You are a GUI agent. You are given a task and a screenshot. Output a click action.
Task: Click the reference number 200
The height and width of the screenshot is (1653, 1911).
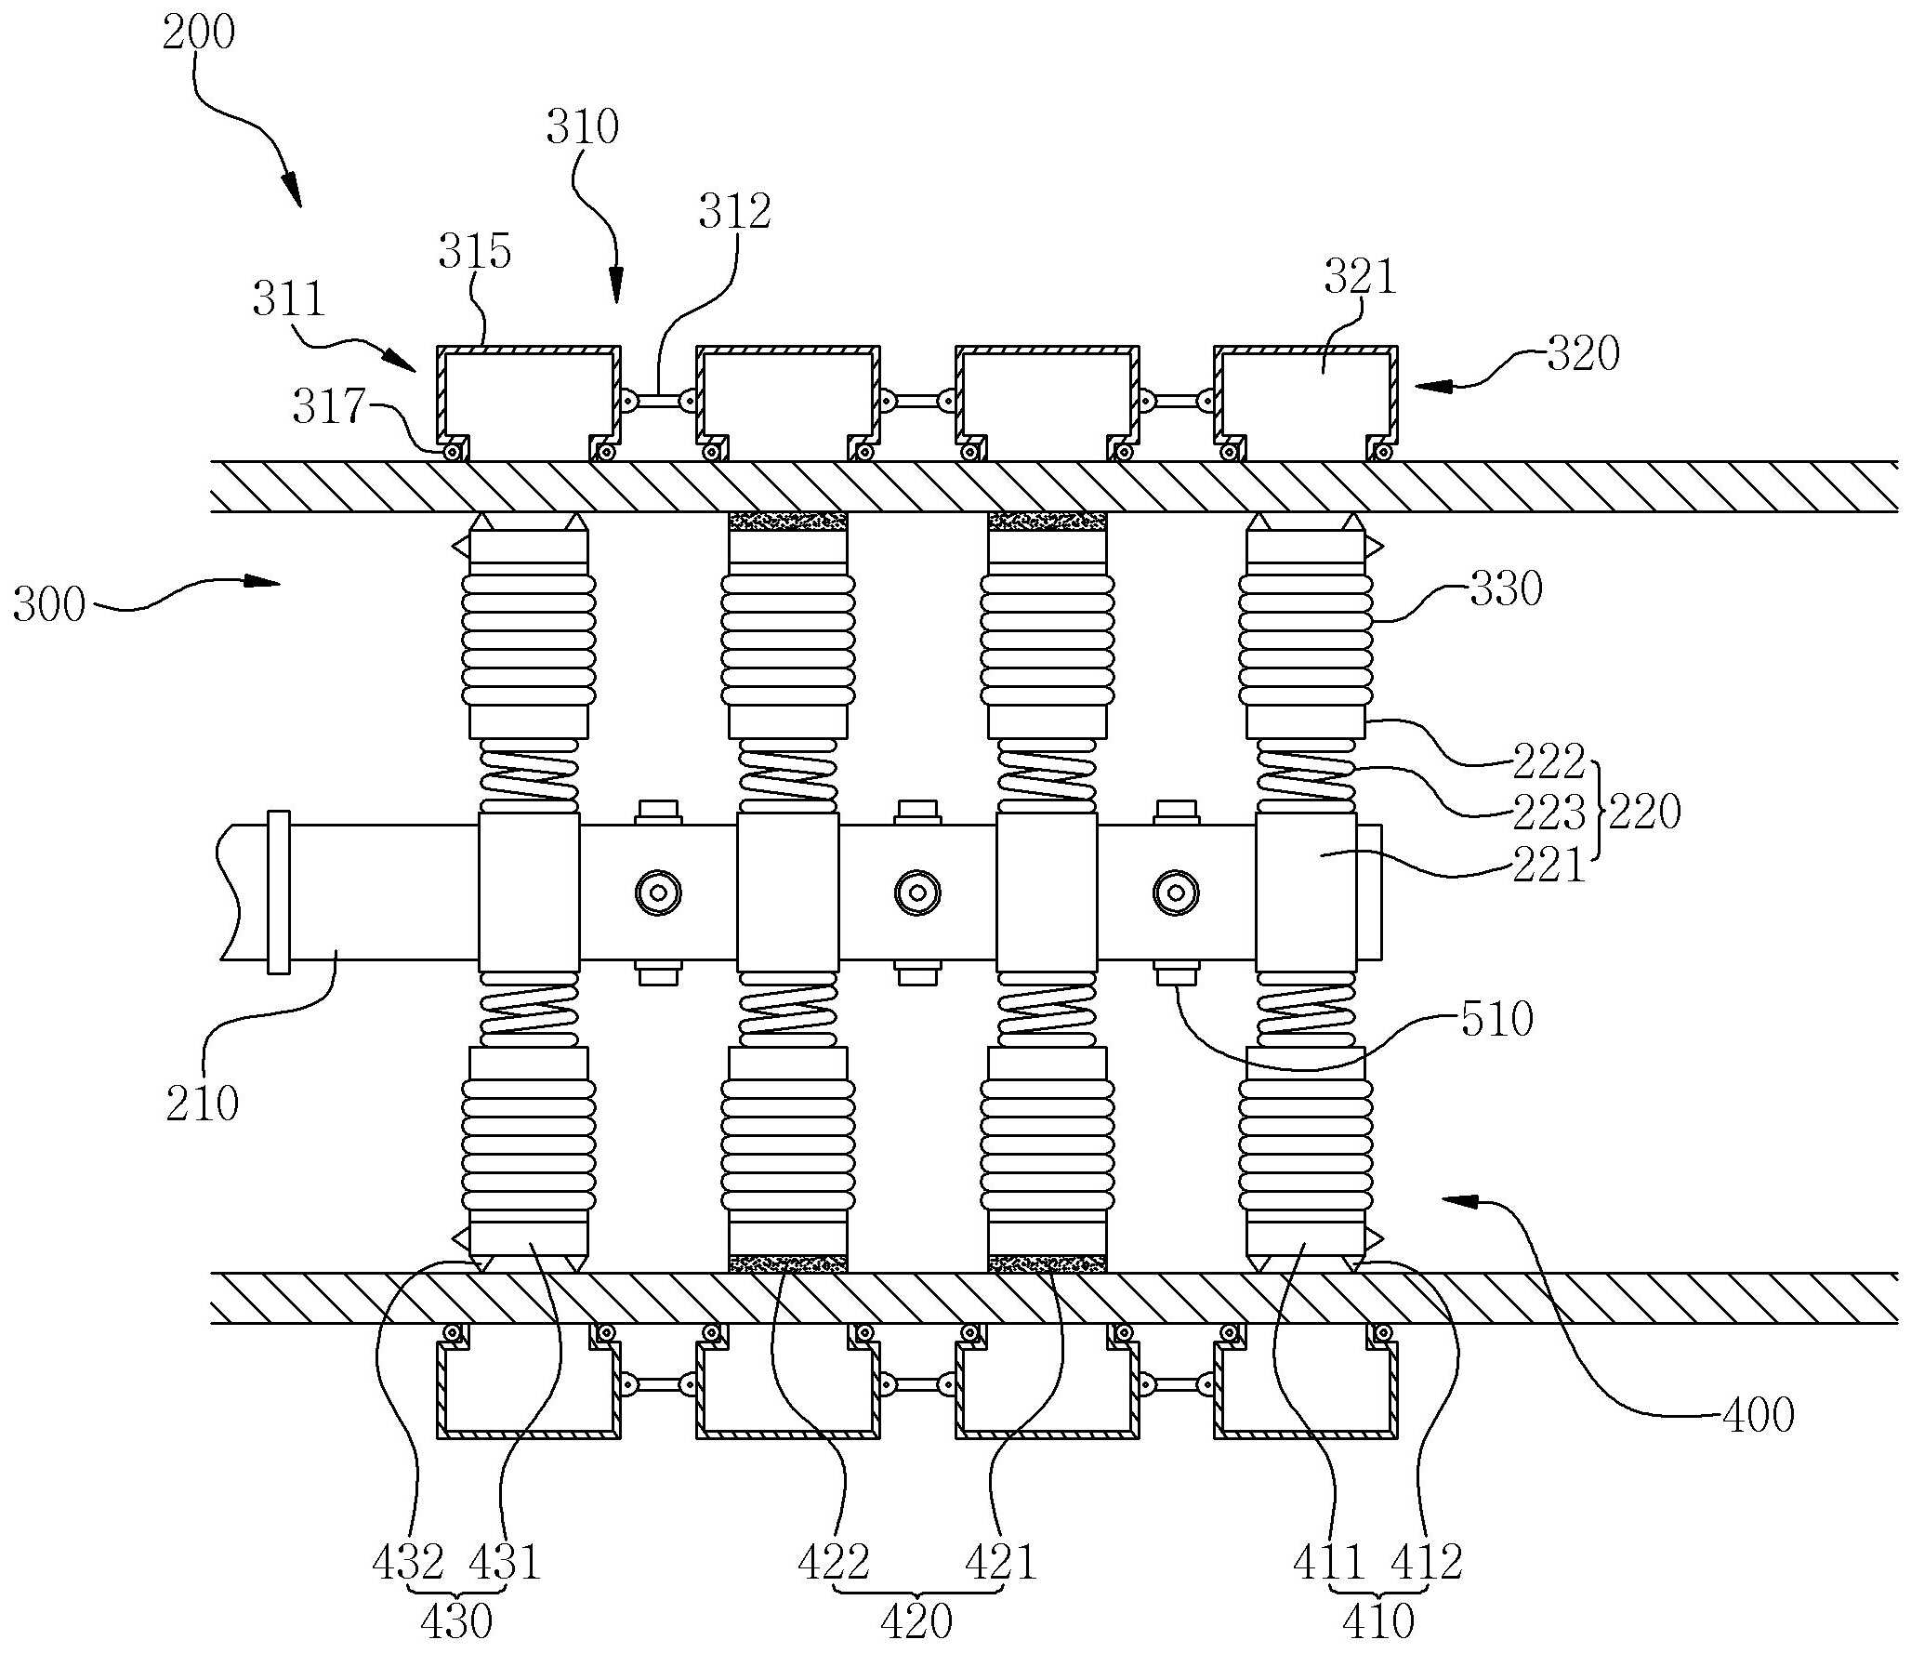[198, 33]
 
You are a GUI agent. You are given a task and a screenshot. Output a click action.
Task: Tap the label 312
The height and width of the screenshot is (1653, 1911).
[735, 213]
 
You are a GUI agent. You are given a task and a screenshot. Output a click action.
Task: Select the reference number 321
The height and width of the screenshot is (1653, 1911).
[1360, 277]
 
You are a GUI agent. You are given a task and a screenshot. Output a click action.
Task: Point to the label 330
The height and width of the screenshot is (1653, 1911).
[1506, 588]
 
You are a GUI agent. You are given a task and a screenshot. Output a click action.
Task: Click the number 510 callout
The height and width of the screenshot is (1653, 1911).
[1496, 1019]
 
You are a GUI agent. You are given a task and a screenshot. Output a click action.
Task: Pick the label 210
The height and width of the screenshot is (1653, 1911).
[203, 1103]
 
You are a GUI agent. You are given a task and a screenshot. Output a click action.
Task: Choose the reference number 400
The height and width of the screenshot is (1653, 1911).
[1758, 1415]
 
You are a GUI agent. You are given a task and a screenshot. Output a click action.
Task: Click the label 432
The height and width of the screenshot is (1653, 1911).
[408, 1563]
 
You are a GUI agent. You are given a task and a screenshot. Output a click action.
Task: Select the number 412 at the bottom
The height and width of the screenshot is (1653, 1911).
[1427, 1563]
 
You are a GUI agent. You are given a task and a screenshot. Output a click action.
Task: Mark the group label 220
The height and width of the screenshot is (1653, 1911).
[1645, 813]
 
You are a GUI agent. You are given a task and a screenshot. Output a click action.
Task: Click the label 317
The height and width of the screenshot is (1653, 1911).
[330, 406]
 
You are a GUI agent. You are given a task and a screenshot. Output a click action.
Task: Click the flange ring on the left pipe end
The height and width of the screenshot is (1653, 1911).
[278, 893]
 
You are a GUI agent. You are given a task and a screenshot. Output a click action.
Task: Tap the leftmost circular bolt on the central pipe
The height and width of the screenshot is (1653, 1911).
[659, 893]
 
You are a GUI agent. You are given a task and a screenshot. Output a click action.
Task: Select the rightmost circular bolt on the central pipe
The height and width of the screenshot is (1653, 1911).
[1176, 893]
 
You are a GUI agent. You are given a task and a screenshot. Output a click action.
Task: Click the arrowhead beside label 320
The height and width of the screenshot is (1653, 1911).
[1431, 385]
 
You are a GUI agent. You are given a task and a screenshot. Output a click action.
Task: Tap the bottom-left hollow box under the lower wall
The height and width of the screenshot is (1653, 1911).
[529, 1382]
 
